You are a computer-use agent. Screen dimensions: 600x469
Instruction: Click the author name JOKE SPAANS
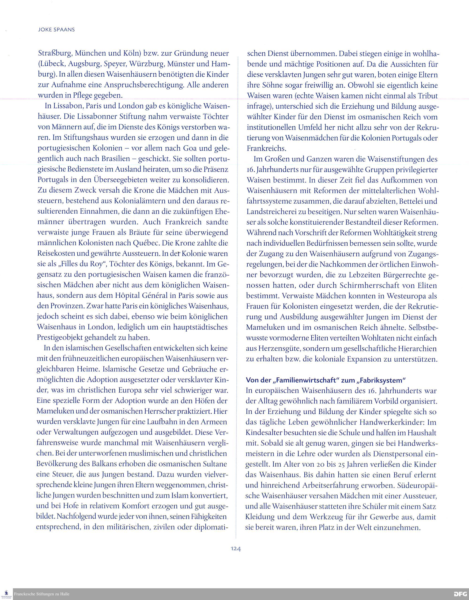pyautogui.click(x=56, y=30)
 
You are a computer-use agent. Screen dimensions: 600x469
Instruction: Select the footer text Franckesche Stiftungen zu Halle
pyautogui.click(x=42, y=594)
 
